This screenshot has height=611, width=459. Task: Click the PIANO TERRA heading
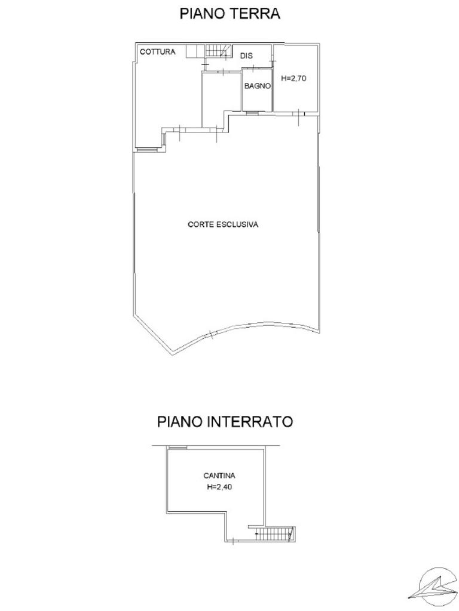click(229, 14)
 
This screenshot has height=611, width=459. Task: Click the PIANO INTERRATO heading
click(225, 422)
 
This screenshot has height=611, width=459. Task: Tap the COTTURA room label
click(158, 52)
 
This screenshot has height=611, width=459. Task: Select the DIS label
click(246, 55)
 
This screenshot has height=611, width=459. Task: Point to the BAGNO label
click(257, 86)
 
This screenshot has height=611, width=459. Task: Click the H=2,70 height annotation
click(294, 78)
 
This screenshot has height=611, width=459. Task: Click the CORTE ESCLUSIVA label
click(223, 224)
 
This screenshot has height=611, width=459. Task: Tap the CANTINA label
click(219, 476)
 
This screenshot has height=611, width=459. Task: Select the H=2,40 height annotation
click(219, 487)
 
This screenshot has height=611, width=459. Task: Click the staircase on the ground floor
click(219, 51)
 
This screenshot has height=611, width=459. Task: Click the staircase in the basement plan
click(275, 533)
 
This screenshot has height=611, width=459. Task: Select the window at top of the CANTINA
click(177, 448)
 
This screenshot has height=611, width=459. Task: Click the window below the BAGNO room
click(252, 113)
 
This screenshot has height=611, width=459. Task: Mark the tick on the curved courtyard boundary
click(210, 334)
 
